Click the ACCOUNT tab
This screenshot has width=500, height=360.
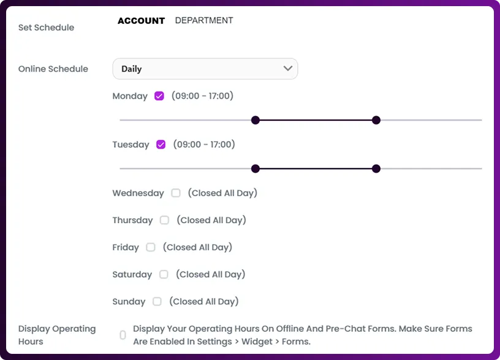(x=141, y=21)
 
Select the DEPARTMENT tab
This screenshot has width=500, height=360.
(x=204, y=20)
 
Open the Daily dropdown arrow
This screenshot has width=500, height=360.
(x=288, y=69)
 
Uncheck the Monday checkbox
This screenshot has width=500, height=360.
(x=159, y=96)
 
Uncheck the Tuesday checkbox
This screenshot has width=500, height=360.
(x=161, y=145)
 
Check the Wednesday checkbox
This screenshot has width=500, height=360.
(x=176, y=193)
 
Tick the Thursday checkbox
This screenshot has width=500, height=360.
(x=164, y=220)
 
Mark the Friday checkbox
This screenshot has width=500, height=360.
(x=151, y=247)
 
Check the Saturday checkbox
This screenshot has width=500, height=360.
(x=164, y=274)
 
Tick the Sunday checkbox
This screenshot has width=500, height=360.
(x=157, y=301)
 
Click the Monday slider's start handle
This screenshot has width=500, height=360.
(x=256, y=120)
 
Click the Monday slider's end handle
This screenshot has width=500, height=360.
(x=376, y=120)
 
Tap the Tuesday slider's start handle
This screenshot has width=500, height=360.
(x=256, y=169)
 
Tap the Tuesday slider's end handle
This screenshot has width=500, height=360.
(x=376, y=169)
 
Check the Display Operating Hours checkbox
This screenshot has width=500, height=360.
(x=123, y=335)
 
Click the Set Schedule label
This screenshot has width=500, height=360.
(x=46, y=28)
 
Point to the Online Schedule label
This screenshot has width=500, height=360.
(x=53, y=69)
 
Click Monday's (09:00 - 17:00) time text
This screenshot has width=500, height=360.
(x=202, y=96)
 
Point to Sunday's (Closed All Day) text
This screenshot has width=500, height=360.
(x=204, y=301)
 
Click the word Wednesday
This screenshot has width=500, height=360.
(x=138, y=193)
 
